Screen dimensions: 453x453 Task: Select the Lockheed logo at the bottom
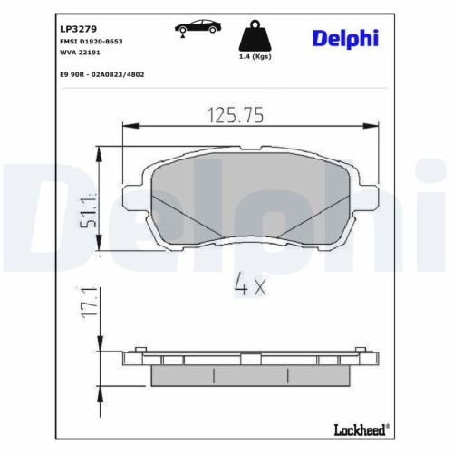point(358,427)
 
